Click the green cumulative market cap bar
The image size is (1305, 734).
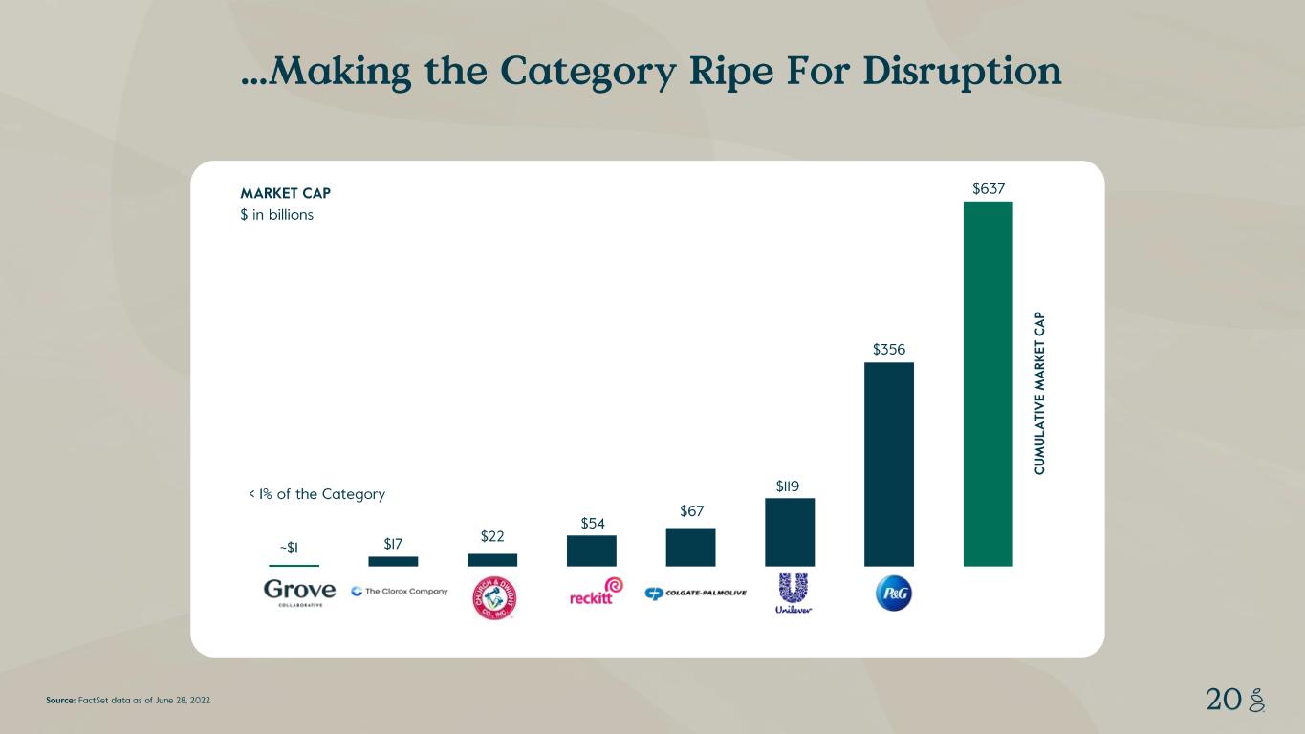[x=988, y=382]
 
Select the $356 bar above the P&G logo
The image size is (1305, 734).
[x=888, y=464]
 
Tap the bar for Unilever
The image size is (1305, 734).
[x=790, y=531]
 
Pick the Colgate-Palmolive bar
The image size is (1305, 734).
[x=690, y=547]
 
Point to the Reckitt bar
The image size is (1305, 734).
[x=591, y=550]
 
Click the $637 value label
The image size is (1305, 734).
[x=988, y=188]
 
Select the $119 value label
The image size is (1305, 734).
[x=790, y=486]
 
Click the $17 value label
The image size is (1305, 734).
[x=393, y=544]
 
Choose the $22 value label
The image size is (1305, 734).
[x=492, y=536]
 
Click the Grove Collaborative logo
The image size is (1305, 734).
[x=299, y=593]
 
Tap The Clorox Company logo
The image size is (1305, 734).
[x=400, y=591]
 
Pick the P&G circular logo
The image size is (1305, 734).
[x=894, y=594]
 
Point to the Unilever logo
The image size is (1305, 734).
[x=794, y=594]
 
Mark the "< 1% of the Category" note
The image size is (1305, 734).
[x=316, y=494]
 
